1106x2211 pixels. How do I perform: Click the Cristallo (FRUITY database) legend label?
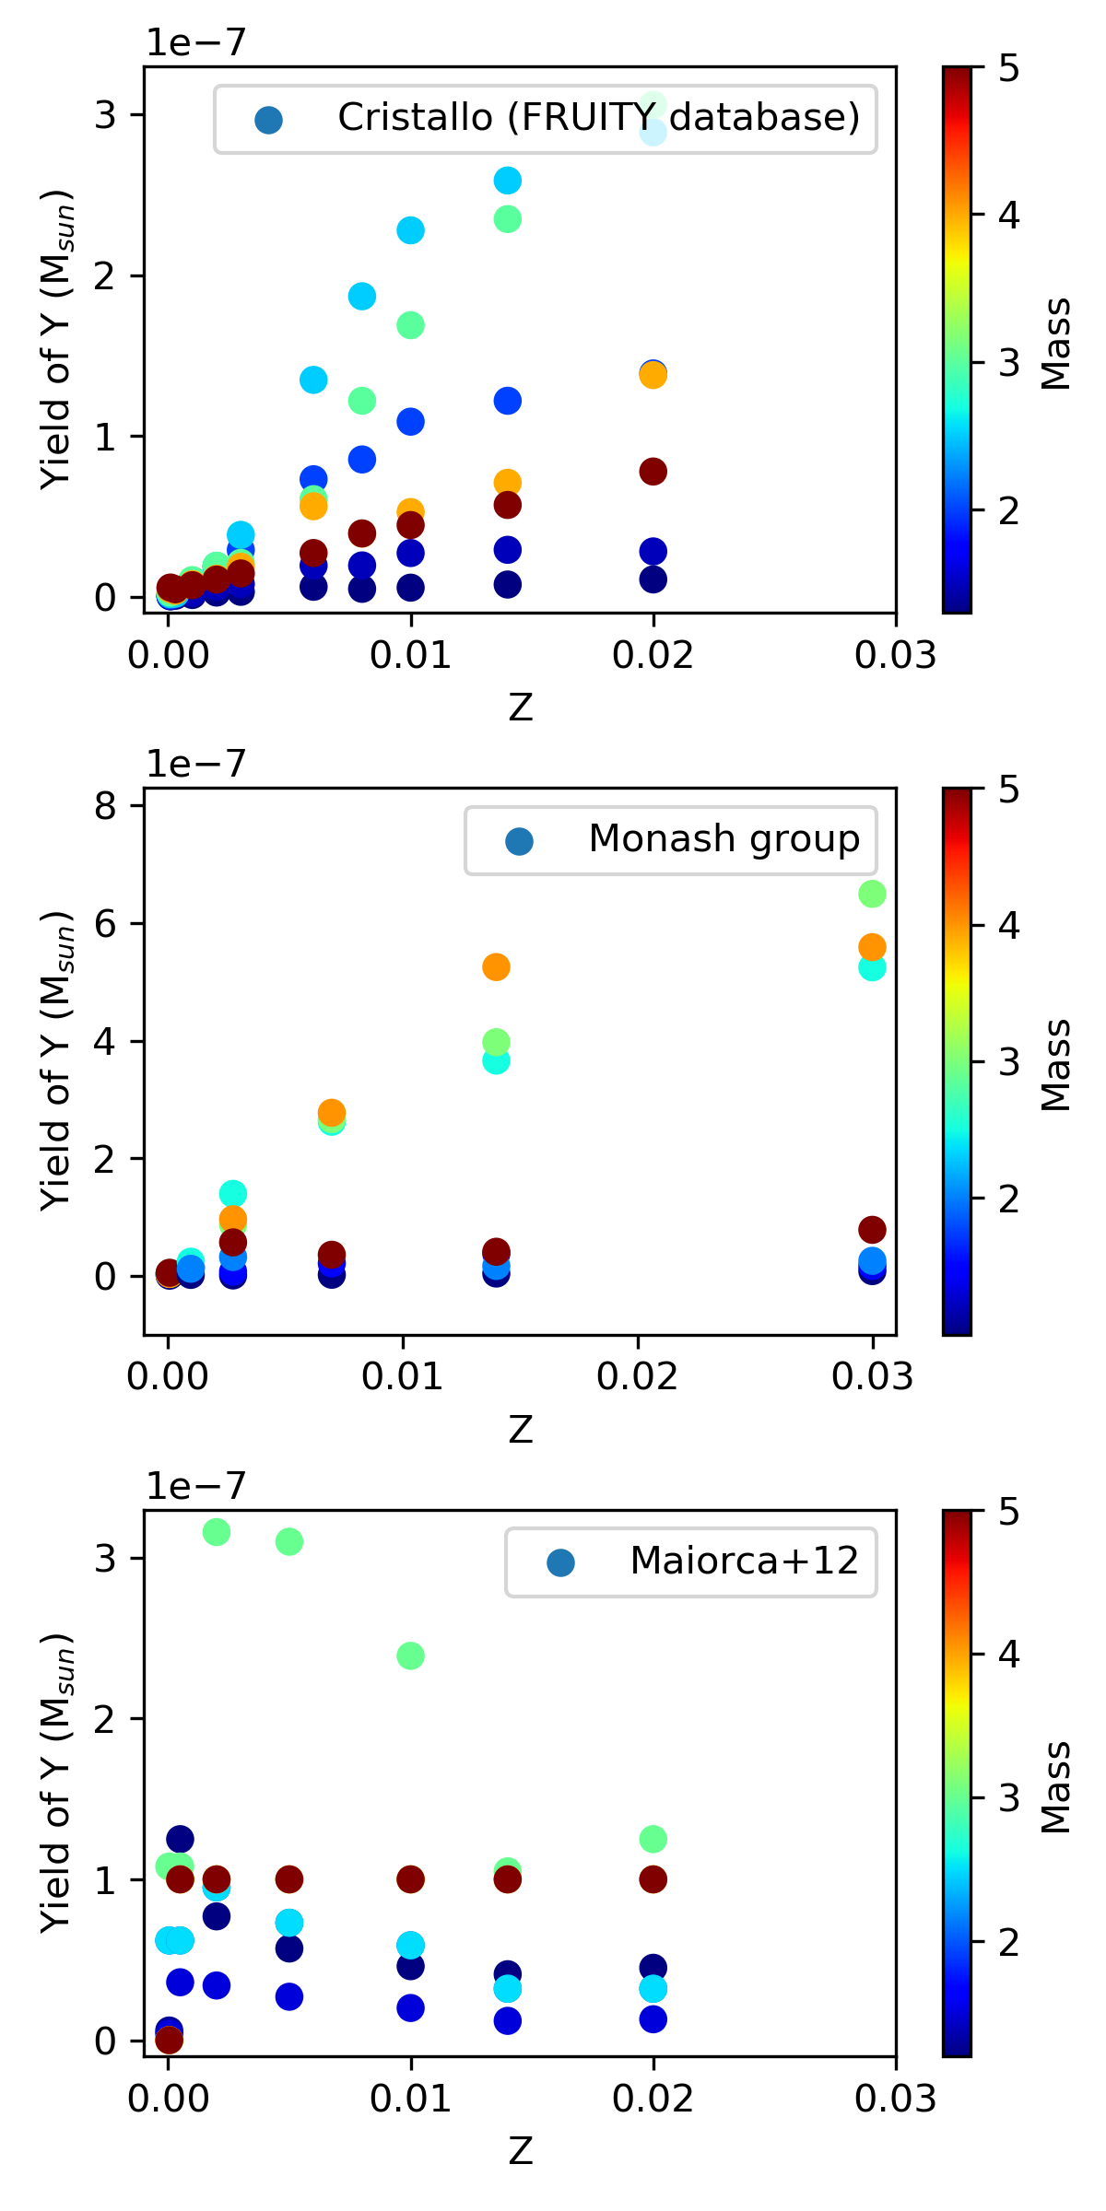(598, 118)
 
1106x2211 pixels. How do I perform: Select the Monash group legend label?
(724, 839)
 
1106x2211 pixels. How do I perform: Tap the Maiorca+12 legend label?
(744, 1561)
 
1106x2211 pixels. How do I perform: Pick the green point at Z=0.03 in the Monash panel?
(872, 894)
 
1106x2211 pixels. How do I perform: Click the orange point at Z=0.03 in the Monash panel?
(872, 947)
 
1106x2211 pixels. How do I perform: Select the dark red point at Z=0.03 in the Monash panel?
(872, 1229)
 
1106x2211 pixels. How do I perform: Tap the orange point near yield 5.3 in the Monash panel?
(496, 967)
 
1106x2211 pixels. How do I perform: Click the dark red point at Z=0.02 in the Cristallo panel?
(653, 472)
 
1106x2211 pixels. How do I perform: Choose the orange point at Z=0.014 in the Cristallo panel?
(507, 483)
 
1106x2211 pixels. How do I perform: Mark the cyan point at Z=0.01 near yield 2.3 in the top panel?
(410, 230)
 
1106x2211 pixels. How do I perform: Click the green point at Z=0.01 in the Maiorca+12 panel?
(410, 1655)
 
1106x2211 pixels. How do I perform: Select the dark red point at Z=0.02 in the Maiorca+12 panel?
(653, 1879)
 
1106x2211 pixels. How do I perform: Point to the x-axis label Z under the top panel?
(520, 708)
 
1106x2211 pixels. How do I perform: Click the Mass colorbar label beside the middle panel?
(1056, 1065)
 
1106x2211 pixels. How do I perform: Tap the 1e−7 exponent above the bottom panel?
(196, 1486)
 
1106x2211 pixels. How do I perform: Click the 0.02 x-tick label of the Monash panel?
(637, 1377)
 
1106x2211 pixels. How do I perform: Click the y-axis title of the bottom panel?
(57, 1784)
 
